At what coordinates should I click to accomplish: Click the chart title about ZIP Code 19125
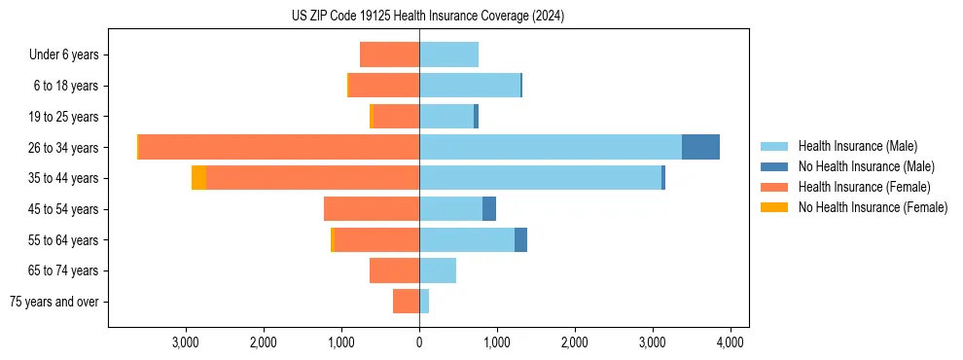427,16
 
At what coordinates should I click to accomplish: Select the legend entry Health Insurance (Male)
856,146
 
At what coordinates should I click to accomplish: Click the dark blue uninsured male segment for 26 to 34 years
700,147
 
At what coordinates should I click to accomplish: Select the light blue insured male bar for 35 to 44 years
540,178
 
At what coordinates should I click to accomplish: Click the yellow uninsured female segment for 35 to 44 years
198,178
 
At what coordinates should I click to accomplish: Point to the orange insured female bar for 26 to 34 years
279,147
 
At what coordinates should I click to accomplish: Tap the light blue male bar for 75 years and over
424,302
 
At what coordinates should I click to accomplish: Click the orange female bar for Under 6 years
389,54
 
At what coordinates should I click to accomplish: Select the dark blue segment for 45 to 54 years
489,209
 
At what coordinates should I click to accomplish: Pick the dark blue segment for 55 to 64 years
520,239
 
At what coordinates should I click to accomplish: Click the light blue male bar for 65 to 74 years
438,270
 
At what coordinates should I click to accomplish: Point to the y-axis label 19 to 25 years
63,117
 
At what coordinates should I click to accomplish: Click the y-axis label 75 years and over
54,302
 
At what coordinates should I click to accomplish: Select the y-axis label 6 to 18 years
66,86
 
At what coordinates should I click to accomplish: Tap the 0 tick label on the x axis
419,342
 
